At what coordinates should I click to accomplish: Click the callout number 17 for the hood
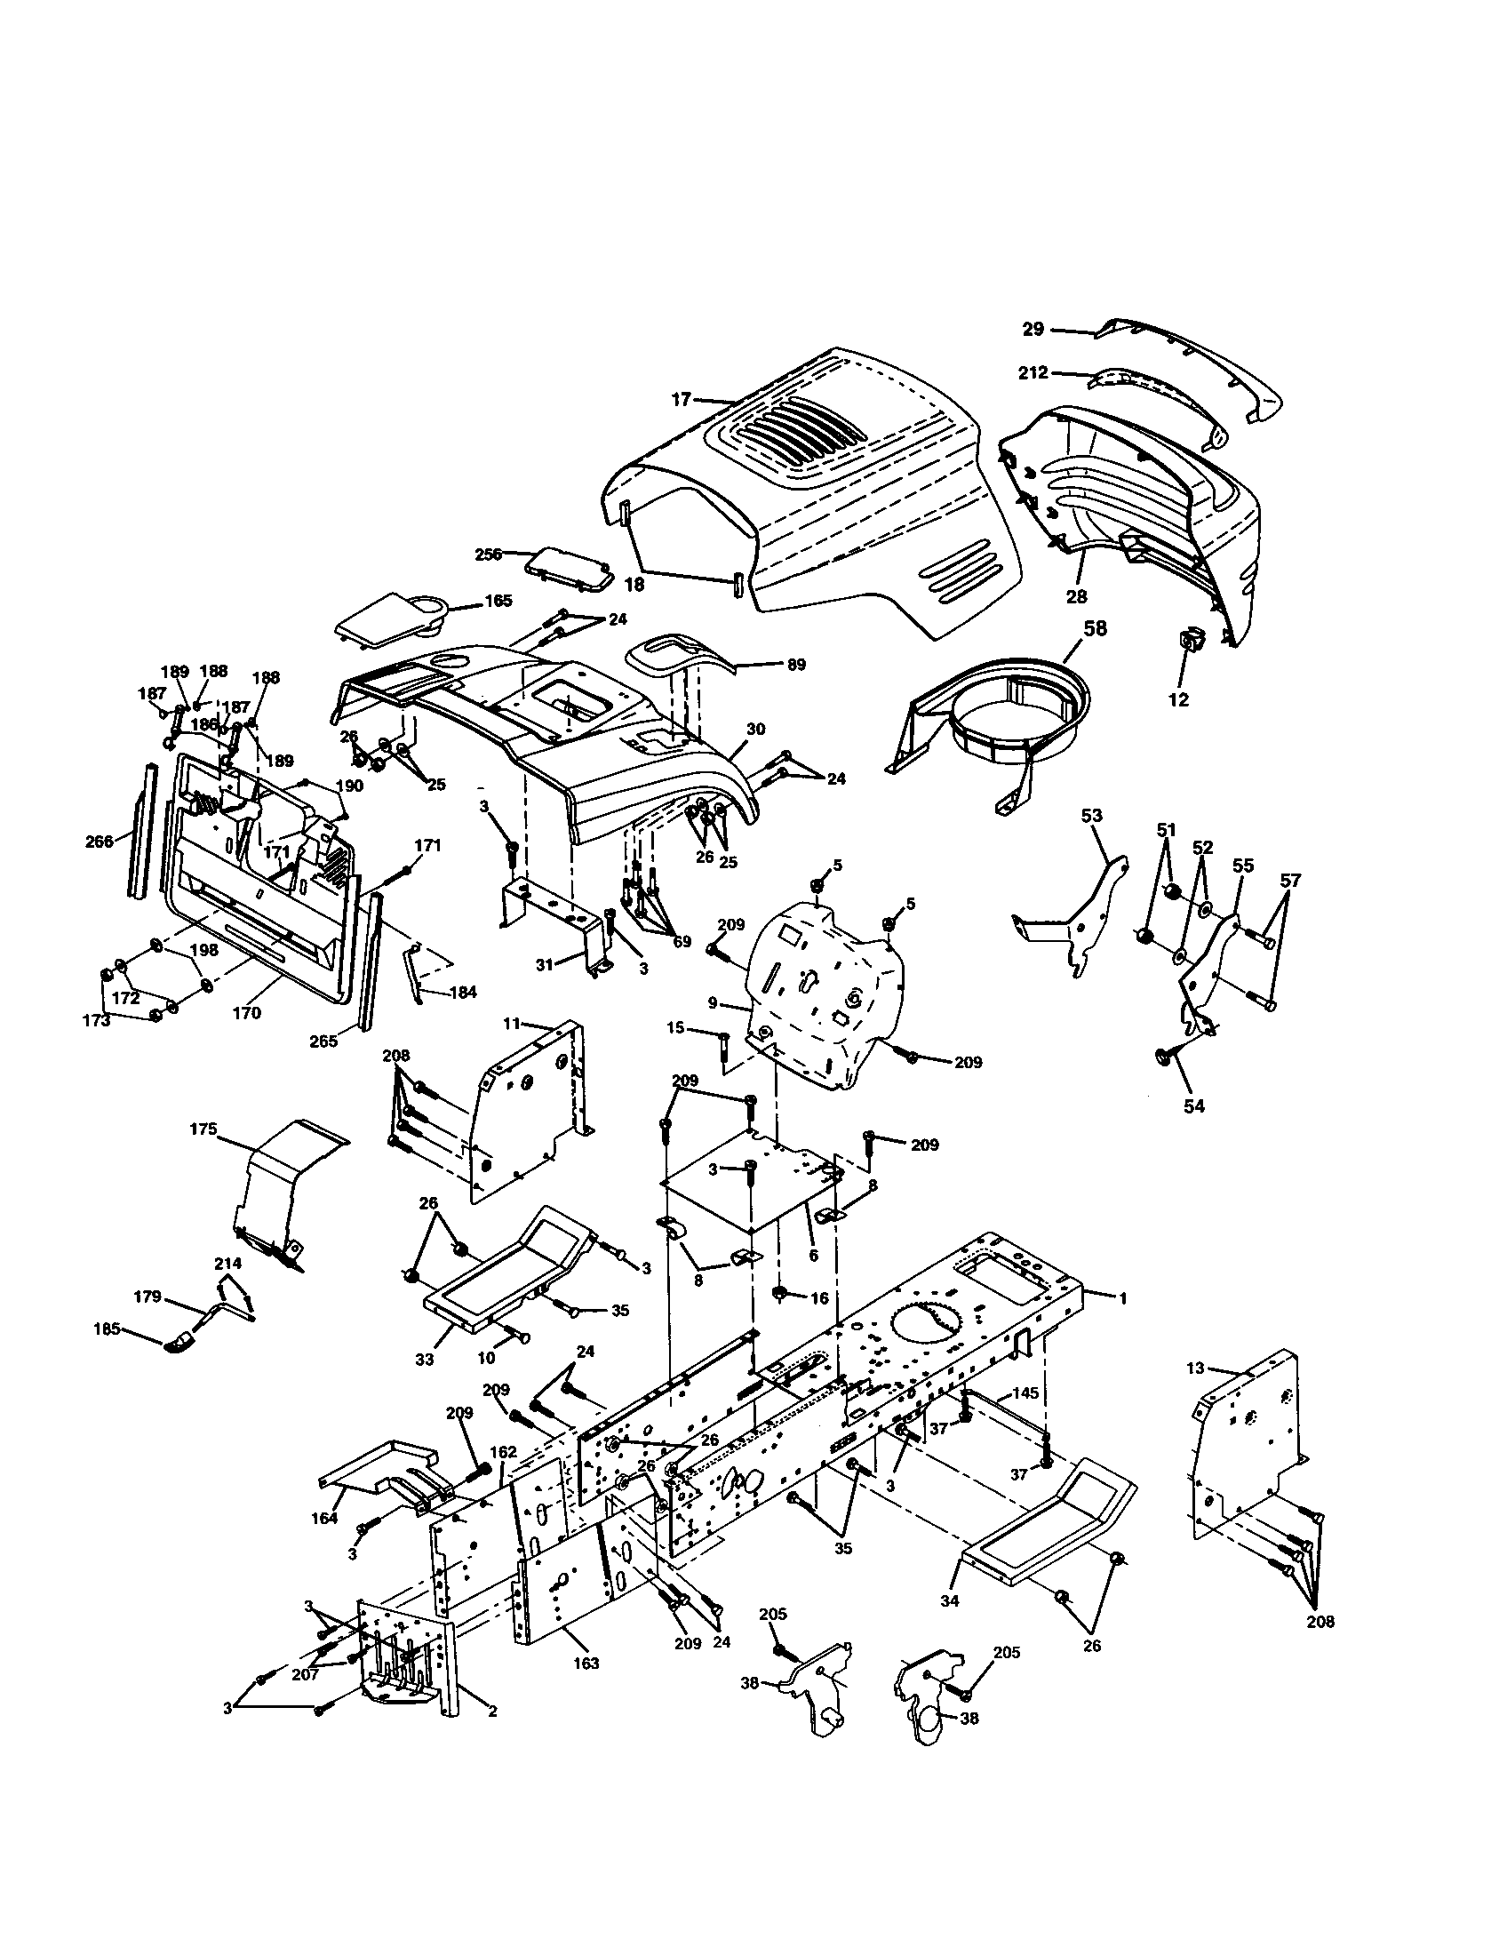coord(682,400)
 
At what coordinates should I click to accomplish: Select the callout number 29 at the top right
coord(1033,330)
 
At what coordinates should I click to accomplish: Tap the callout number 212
coord(1033,372)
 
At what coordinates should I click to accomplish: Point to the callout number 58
coord(1095,629)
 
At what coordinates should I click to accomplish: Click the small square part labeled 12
coord(1190,640)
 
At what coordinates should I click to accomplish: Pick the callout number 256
coord(490,555)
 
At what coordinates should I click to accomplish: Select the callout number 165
coord(498,601)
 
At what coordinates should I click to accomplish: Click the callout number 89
coord(795,664)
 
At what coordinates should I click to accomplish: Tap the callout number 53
coord(1091,816)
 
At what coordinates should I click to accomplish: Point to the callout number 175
coord(203,1129)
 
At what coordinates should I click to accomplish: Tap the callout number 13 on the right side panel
coord(1196,1392)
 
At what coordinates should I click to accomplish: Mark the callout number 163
coord(586,1664)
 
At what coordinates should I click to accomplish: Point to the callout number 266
coord(99,842)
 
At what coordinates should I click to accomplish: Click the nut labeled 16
coord(779,1294)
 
